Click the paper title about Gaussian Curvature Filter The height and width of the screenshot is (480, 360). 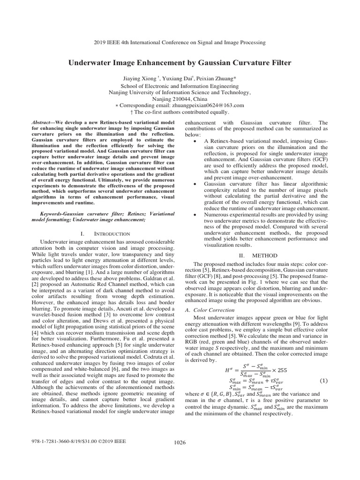[180, 62]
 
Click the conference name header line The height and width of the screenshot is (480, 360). [180, 43]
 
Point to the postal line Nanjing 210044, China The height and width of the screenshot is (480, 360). [180, 99]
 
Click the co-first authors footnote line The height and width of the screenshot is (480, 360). [180, 112]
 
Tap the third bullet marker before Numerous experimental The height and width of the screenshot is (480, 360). [195, 214]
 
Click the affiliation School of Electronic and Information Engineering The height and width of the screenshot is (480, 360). [180, 86]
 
